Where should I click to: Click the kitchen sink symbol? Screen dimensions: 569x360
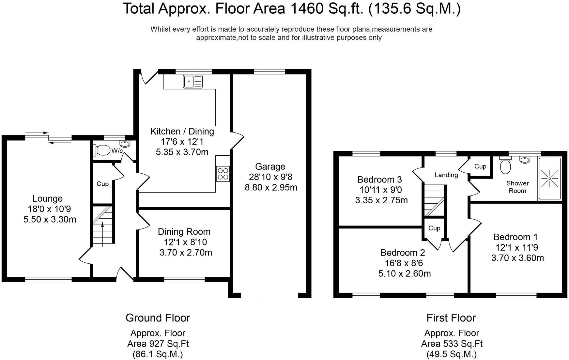193,81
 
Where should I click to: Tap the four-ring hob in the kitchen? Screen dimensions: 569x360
223,174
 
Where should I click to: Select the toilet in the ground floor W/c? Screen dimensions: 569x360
102,150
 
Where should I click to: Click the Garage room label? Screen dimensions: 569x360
270,166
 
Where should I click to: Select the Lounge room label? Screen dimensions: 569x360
48,198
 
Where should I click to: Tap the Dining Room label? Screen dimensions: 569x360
184,232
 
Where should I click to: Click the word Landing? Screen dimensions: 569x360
446,175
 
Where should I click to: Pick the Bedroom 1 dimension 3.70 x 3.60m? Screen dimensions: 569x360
517,258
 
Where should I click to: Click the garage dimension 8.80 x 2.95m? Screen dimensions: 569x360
271,187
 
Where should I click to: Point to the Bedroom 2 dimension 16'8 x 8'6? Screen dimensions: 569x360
404,263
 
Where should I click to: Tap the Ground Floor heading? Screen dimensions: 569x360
158,318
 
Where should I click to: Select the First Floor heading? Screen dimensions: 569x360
451,318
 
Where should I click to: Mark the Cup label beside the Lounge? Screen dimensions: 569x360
102,184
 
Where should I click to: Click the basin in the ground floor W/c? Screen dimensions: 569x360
125,144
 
